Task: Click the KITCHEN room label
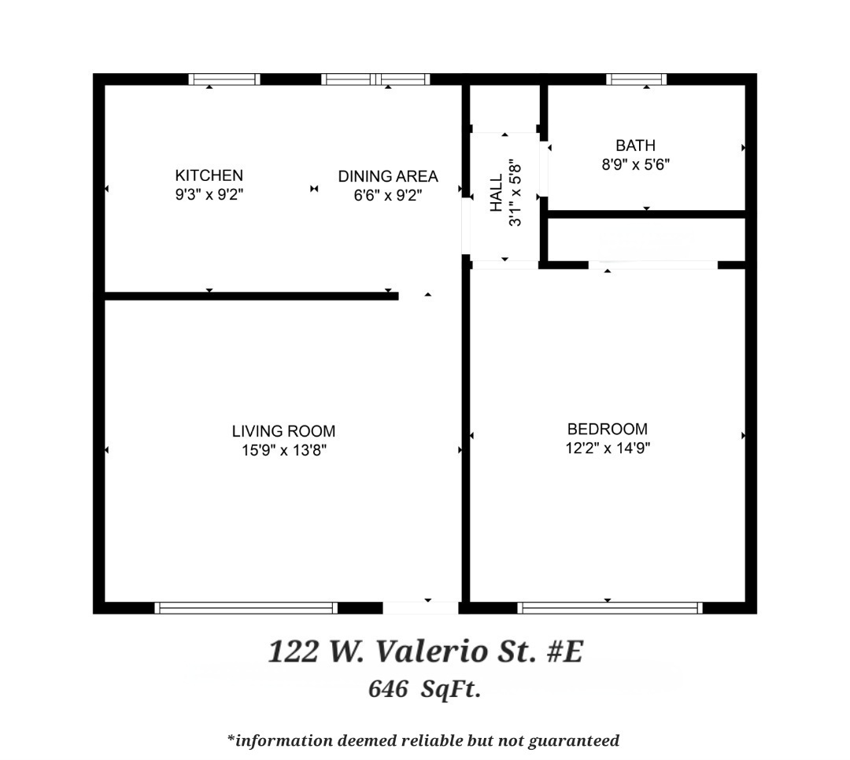209,175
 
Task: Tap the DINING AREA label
388,176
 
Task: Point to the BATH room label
635,146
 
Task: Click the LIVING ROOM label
283,431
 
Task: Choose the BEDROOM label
608,429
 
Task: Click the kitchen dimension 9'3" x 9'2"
209,195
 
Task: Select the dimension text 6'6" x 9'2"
388,196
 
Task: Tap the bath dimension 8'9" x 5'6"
635,165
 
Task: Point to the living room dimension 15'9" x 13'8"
283,451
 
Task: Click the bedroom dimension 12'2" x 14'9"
608,448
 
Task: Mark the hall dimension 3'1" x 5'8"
516,193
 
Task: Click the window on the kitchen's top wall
224,79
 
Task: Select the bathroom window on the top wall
637,79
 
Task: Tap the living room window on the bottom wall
246,607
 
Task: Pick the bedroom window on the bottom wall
610,607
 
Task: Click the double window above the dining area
376,79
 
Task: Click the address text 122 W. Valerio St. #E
425,652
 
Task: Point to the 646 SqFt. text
424,690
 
